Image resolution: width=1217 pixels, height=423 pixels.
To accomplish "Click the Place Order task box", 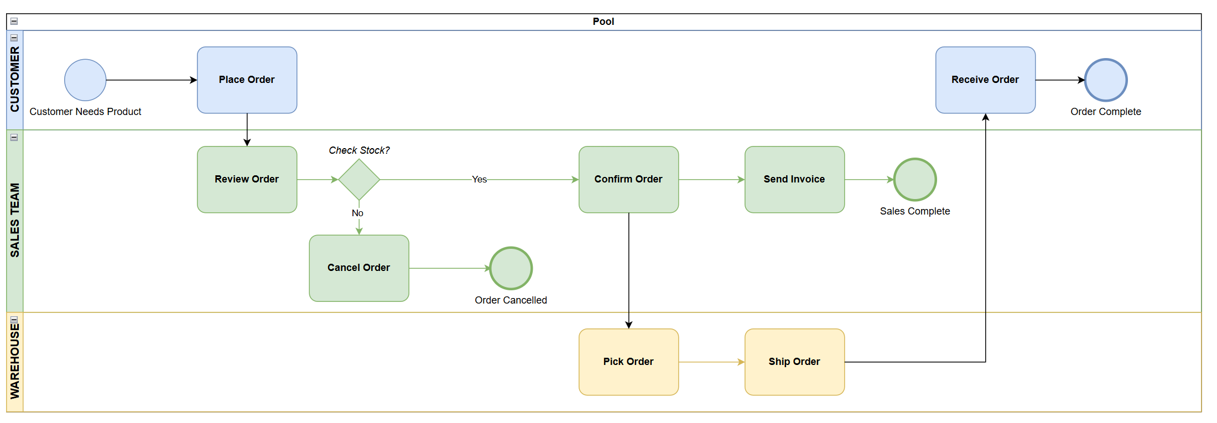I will [247, 80].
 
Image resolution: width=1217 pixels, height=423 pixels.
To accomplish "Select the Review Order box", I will [247, 179].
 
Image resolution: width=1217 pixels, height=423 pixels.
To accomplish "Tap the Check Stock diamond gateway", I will [359, 179].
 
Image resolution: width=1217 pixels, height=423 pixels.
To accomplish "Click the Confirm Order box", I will [628, 179].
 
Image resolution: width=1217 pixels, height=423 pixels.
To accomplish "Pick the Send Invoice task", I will [794, 179].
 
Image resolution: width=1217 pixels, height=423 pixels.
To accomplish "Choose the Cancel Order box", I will [359, 268].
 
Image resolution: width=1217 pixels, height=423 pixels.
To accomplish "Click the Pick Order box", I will [628, 362].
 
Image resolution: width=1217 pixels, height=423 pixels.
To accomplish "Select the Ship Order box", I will [794, 362].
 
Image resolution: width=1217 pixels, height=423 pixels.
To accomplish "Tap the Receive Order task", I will [985, 80].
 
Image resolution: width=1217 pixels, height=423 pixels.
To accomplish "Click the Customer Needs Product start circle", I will [85, 80].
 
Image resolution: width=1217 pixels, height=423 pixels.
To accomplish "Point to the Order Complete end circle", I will [1106, 80].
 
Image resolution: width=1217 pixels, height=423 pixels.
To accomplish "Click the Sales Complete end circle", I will [915, 179].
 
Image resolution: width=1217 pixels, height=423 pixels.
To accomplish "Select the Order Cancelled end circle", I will [511, 268].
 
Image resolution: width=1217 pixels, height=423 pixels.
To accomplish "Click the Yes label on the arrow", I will [479, 179].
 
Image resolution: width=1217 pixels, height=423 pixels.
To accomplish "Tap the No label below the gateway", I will [357, 213].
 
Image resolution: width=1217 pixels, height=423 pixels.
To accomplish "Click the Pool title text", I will [603, 22].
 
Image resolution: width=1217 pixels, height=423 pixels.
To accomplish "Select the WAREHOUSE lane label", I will [15, 362].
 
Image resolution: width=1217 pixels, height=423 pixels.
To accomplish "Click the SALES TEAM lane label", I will [15, 220].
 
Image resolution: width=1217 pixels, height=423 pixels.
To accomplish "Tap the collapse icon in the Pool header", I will [14, 22].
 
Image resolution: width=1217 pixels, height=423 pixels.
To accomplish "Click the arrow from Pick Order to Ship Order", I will [711, 362].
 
